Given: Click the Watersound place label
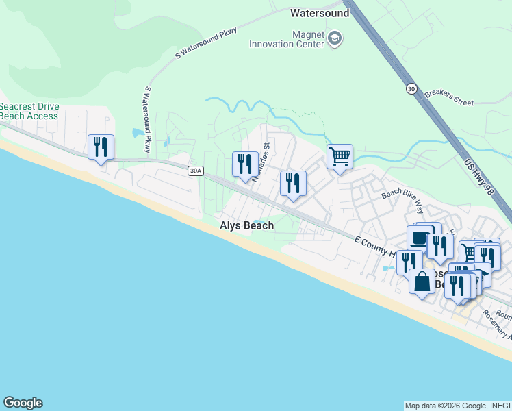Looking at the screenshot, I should [320, 12].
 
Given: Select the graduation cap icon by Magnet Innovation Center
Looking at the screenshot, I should [335, 38].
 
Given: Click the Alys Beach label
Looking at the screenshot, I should [246, 225].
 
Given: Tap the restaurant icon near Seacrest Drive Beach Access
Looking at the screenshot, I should [101, 147].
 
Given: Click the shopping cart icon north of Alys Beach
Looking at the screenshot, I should [340, 157].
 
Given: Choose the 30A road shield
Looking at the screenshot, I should [196, 171].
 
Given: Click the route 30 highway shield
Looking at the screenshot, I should [410, 88].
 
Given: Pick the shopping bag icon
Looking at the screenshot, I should [422, 282].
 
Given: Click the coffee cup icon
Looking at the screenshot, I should [419, 238].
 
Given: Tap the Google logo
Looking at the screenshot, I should [23, 403].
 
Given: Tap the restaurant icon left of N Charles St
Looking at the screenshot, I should [245, 164].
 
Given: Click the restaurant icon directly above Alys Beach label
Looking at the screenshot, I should [293, 183].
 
